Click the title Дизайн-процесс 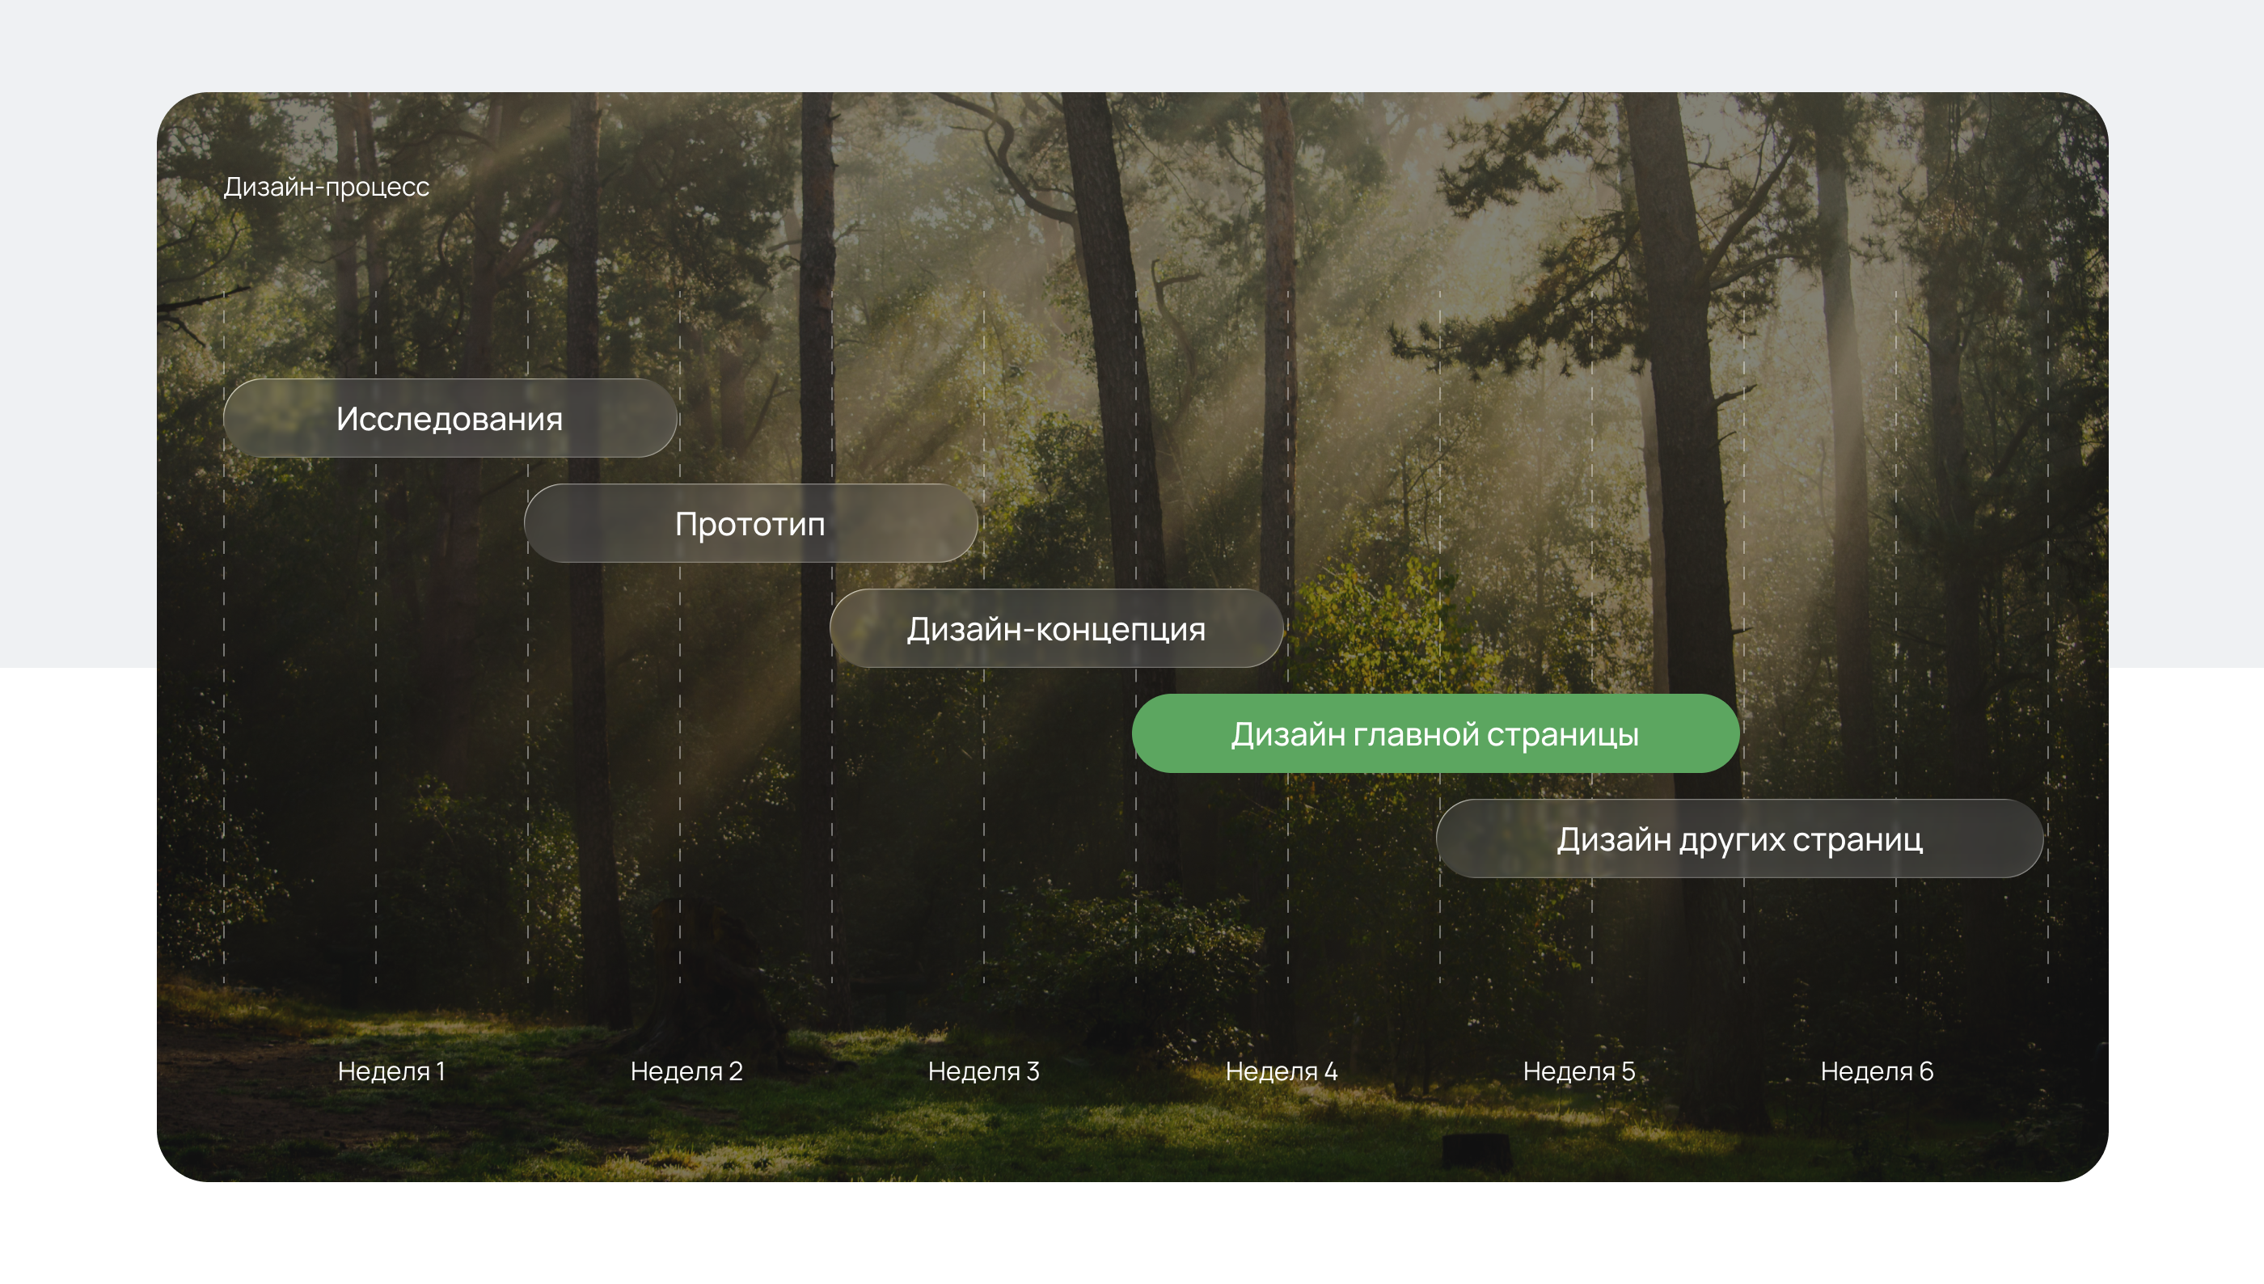[326, 187]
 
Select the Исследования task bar [450, 418]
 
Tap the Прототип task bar [751, 523]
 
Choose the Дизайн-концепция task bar [1056, 628]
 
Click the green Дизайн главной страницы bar [1435, 733]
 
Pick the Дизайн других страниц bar [1739, 838]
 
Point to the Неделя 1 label [391, 1071]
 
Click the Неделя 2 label [686, 1071]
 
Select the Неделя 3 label [984, 1071]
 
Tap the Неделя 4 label [1282, 1071]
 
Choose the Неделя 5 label [1579, 1071]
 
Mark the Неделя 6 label [1877, 1071]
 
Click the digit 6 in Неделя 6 [1926, 1071]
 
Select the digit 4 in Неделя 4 [1330, 1071]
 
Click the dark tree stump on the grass [1476, 1151]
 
